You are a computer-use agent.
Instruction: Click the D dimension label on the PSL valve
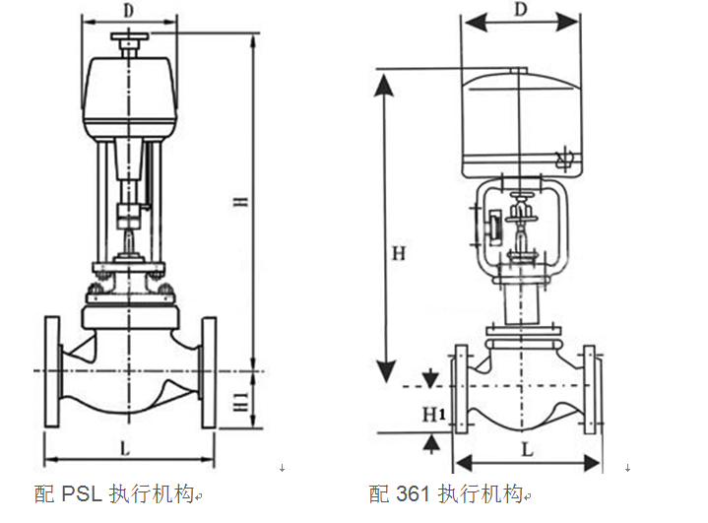[129, 11]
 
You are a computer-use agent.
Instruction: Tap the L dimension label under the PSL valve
[124, 448]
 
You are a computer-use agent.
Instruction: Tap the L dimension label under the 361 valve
[527, 449]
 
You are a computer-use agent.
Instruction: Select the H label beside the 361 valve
[398, 253]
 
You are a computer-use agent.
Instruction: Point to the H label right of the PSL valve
[242, 203]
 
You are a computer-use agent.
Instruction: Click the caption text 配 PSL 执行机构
[117, 493]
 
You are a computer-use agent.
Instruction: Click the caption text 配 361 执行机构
[449, 493]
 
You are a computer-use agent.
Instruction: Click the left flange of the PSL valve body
[51, 371]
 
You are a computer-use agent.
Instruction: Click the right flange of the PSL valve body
[208, 371]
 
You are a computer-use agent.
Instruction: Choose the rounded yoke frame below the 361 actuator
[522, 227]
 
